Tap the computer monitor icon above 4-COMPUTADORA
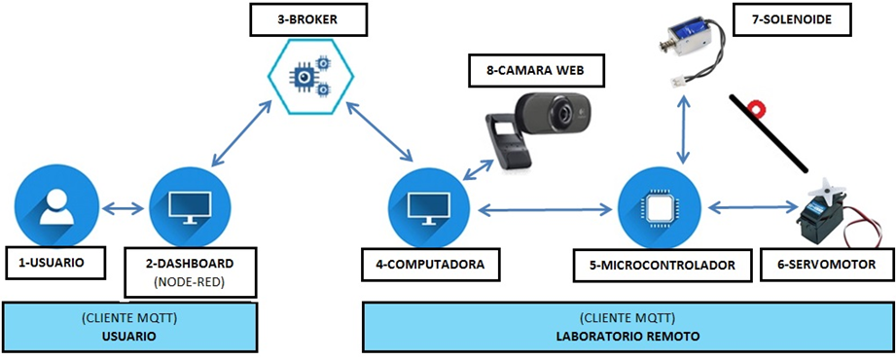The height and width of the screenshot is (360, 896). pyautogui.click(x=427, y=206)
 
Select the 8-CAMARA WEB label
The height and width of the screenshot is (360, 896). pyautogui.click(x=538, y=70)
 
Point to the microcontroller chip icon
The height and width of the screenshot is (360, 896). pyautogui.click(x=660, y=206)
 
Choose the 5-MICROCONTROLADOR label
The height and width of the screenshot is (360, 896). pyautogui.click(x=661, y=264)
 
